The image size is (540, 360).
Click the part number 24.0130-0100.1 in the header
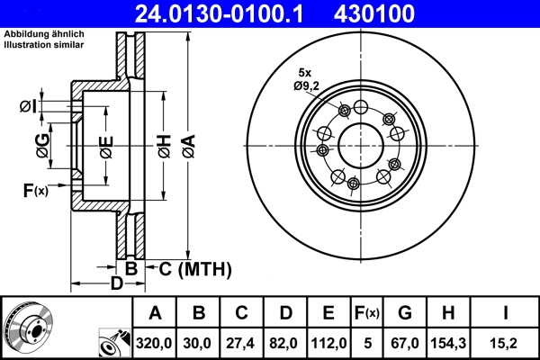tap(229, 13)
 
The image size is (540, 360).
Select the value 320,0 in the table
tap(155, 343)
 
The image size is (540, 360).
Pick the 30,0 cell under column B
tap(200, 343)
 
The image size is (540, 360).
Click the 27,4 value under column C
tap(242, 343)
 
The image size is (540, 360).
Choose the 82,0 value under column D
tap(284, 343)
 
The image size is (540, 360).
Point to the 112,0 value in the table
tap(327, 343)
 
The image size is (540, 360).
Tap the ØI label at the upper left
tap(28, 108)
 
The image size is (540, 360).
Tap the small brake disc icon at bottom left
tap(27, 328)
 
